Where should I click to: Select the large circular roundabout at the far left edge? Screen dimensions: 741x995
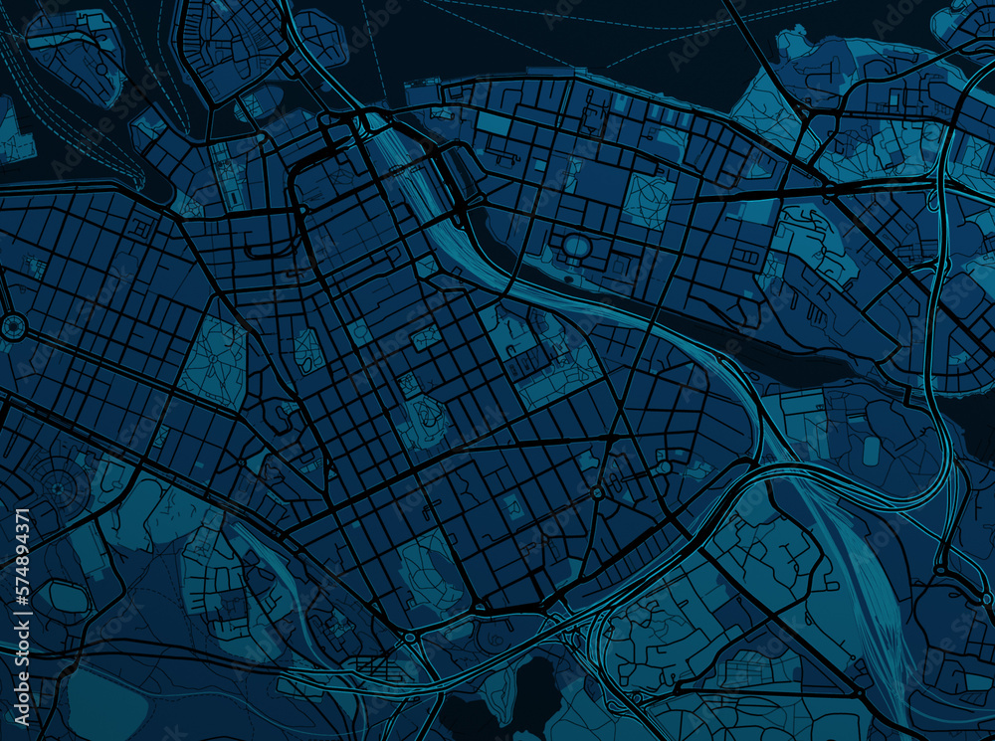tap(13, 326)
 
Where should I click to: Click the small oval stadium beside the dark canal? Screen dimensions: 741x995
tap(576, 245)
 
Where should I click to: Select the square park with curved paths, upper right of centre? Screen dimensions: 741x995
tap(647, 200)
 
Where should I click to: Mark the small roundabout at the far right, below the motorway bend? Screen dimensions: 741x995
tap(939, 570)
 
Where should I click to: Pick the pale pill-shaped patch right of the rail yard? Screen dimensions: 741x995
tap(872, 450)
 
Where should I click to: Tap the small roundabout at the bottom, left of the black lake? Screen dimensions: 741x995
tap(410, 637)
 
